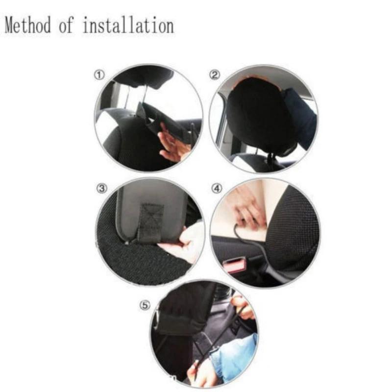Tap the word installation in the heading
(128, 25)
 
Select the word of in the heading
(66, 25)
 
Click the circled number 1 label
(99, 74)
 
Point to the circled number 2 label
(215, 74)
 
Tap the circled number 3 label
(101, 189)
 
